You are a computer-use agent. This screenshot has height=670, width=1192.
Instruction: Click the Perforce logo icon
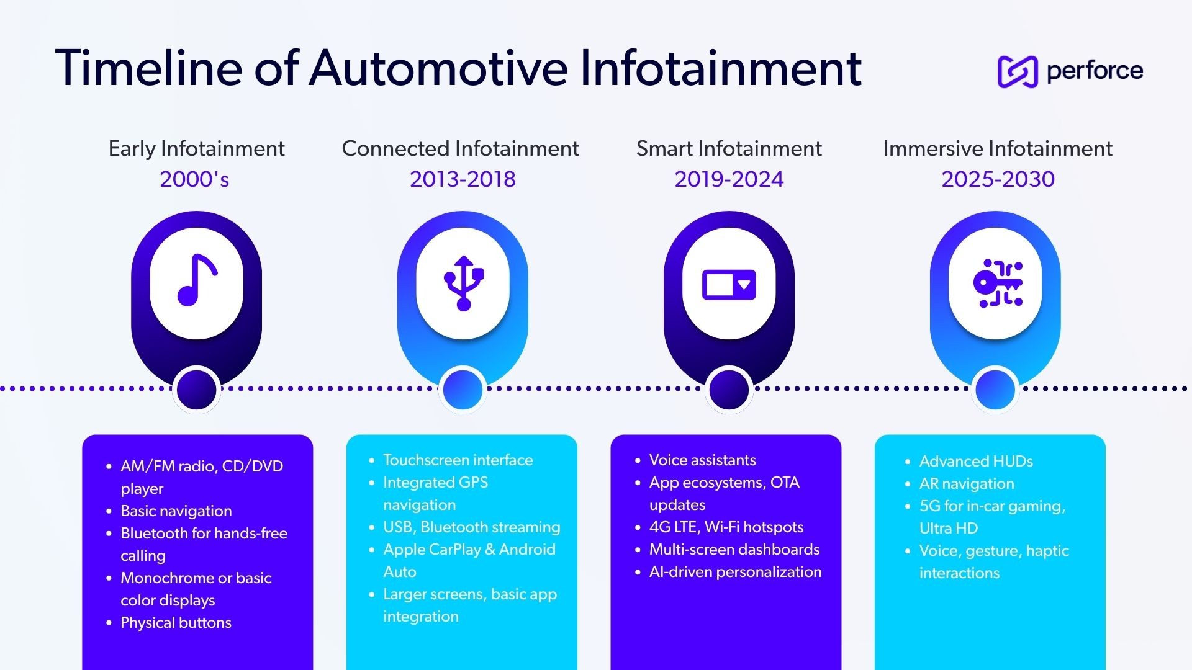click(x=1018, y=71)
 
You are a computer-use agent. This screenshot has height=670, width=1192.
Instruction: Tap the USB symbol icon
click(x=463, y=283)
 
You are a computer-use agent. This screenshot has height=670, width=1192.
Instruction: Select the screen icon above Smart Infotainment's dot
click(x=729, y=285)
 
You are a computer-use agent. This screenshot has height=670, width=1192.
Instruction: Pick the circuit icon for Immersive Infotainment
click(x=997, y=284)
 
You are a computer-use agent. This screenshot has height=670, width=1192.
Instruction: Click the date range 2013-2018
click(x=463, y=179)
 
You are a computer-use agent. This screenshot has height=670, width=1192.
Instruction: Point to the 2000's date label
click(x=194, y=179)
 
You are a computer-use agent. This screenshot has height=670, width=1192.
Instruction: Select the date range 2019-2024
click(x=729, y=179)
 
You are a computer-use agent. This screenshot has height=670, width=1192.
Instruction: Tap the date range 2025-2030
click(x=998, y=179)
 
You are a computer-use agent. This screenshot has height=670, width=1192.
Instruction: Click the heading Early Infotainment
click(x=196, y=149)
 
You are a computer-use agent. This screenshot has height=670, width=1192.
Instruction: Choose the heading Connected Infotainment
click(x=460, y=149)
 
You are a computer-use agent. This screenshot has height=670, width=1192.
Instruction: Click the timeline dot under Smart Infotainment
click(x=729, y=390)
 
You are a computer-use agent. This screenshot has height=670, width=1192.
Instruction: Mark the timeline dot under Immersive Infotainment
click(x=995, y=390)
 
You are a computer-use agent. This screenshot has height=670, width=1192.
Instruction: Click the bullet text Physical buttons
click(x=176, y=623)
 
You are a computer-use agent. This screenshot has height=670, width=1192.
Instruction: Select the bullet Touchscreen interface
click(x=458, y=460)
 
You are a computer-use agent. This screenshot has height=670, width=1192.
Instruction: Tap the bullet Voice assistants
click(x=702, y=460)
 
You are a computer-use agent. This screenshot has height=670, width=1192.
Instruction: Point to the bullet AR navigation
click(x=967, y=484)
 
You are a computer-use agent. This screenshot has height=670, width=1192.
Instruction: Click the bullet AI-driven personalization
click(x=735, y=572)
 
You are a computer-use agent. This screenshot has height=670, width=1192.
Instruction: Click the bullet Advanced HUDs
click(x=976, y=462)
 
